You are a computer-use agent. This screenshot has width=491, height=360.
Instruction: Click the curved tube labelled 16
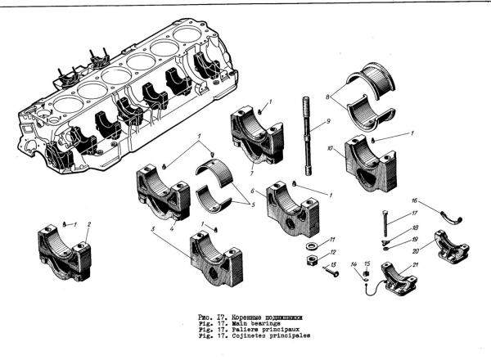pyautogui.click(x=448, y=214)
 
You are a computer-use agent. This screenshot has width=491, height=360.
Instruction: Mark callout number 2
pyautogui.click(x=88, y=223)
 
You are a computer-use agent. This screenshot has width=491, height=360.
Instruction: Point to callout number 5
pyautogui.click(x=255, y=203)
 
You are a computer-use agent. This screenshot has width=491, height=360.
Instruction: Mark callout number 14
pyautogui.click(x=354, y=264)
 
